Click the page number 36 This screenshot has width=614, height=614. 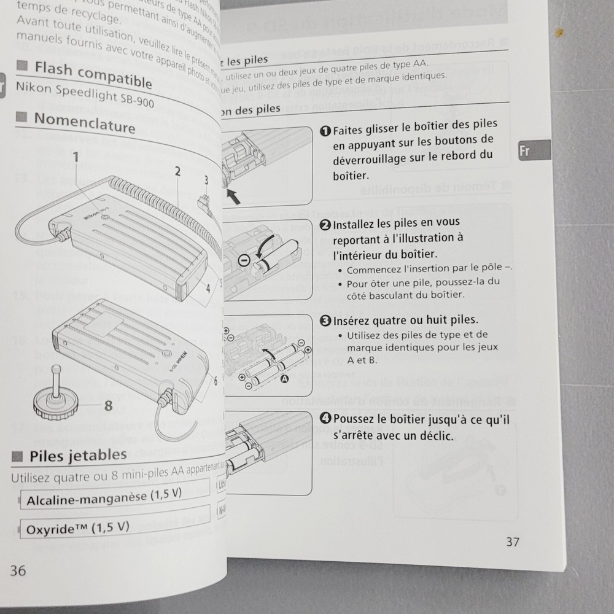point(18,570)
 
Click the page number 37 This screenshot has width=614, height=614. point(513,542)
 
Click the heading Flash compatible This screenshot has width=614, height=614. point(92,74)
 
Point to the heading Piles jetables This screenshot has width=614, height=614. point(77,456)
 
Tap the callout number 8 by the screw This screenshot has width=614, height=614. point(108,405)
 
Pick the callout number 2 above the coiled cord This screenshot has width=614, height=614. point(177,171)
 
